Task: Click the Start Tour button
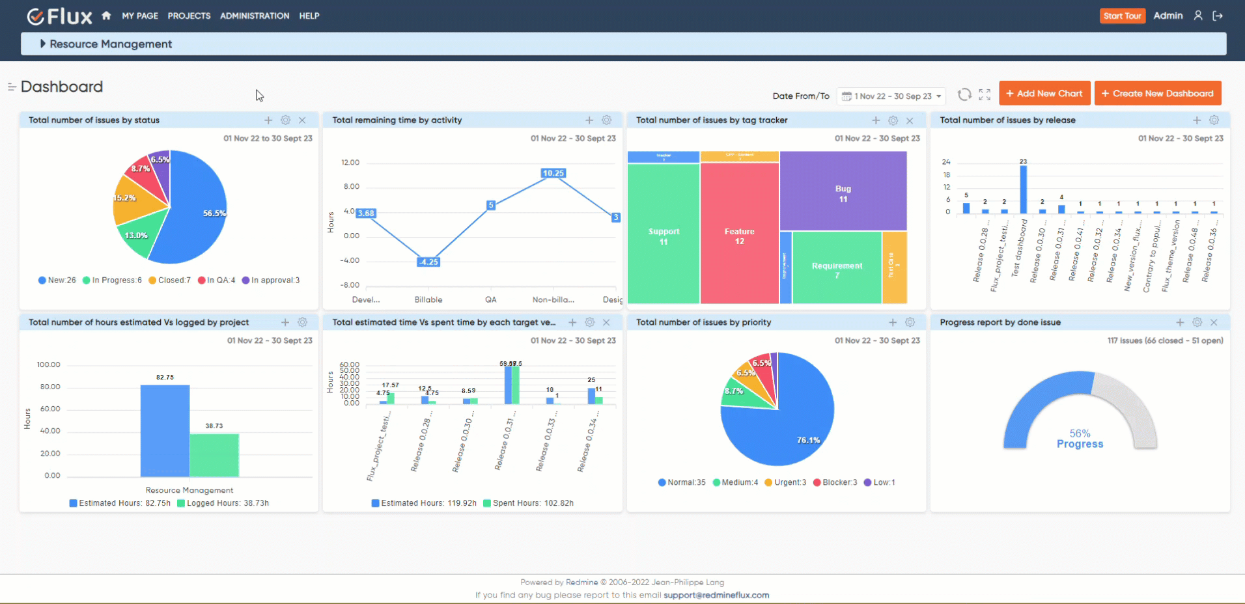[1122, 16]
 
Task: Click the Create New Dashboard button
[1157, 93]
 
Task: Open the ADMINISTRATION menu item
[255, 16]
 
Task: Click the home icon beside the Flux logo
[106, 16]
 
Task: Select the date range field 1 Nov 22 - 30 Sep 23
[891, 96]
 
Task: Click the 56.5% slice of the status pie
[195, 215]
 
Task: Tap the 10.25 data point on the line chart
[553, 173]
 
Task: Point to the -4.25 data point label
[428, 262]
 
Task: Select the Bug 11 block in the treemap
[843, 193]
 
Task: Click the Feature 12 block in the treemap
[739, 236]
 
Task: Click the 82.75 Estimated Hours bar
[165, 430]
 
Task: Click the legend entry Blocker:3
[835, 482]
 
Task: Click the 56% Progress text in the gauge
[1080, 439]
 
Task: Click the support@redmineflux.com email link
[716, 595]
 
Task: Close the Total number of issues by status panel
[302, 120]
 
